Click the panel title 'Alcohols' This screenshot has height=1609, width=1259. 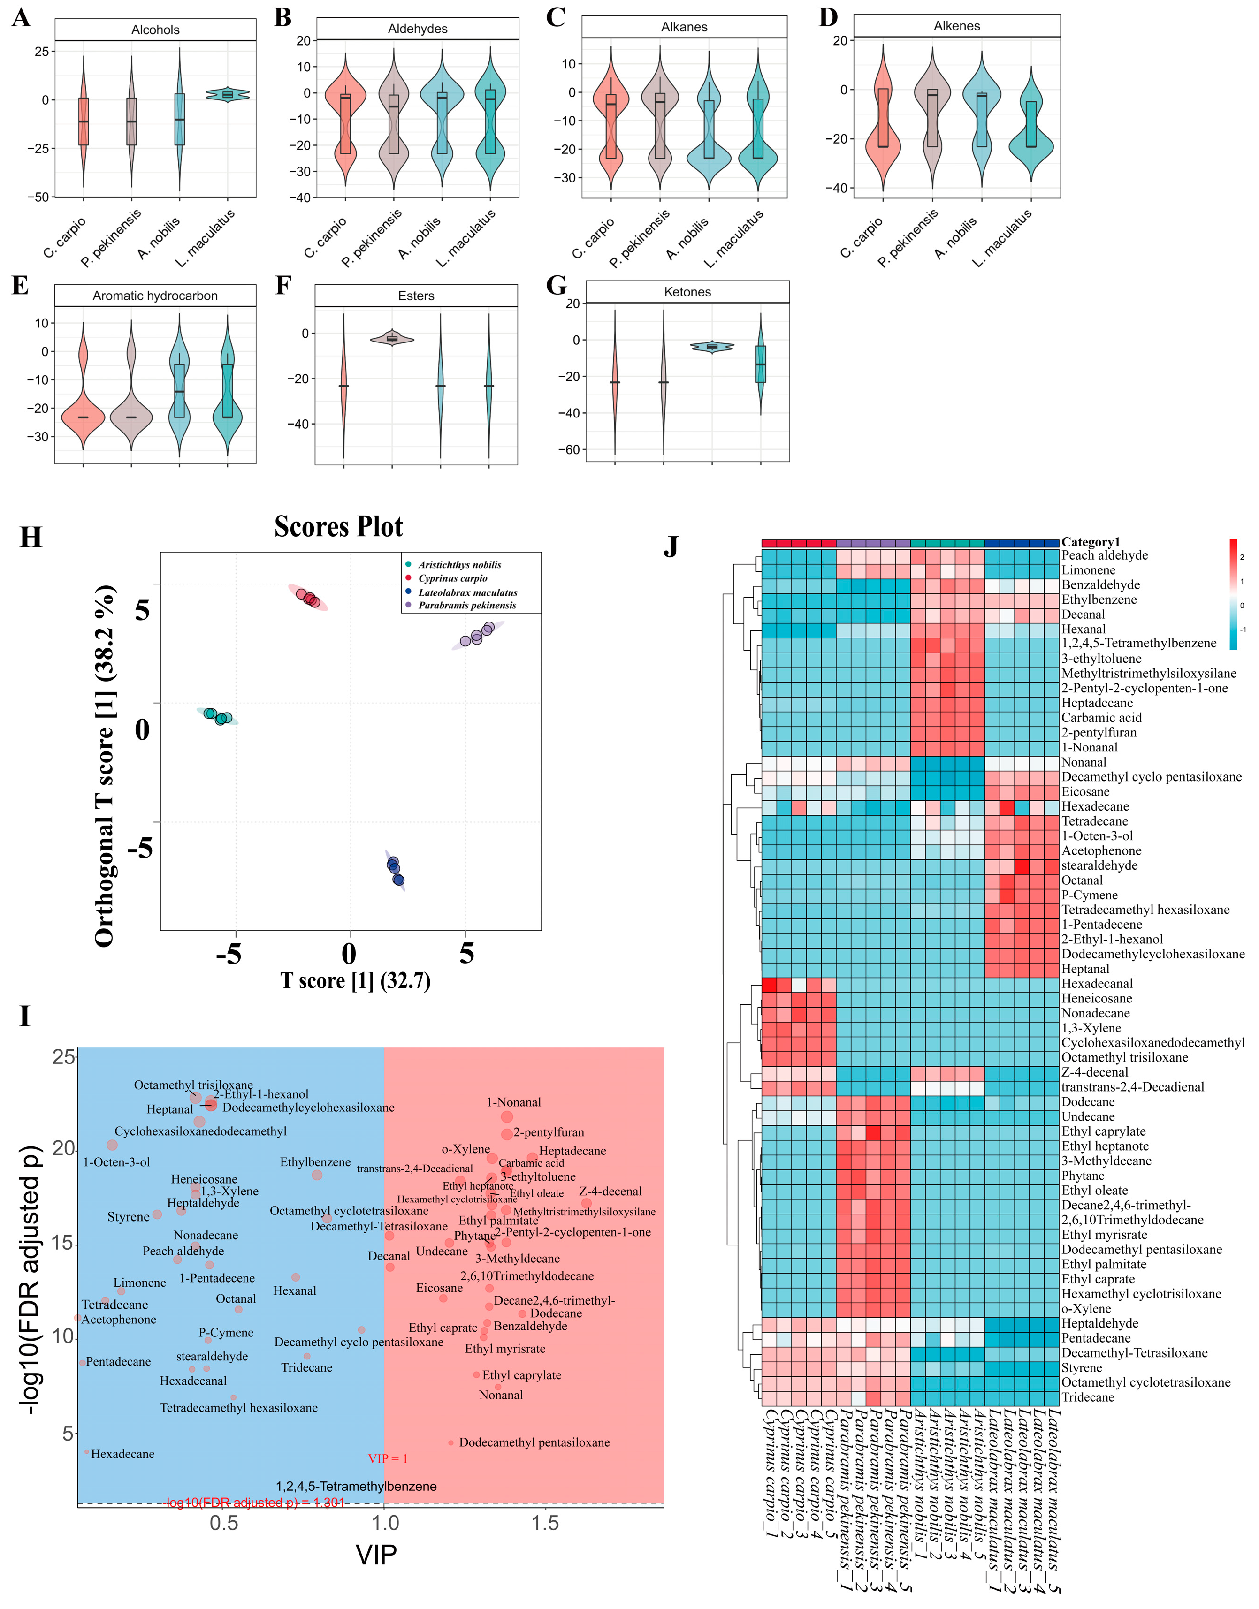pos(155,30)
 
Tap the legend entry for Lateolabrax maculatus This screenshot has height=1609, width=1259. pos(467,592)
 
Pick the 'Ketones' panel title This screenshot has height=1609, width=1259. pos(687,292)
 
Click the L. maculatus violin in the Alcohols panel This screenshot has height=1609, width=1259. pos(228,94)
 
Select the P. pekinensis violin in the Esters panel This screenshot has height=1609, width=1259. pos(391,338)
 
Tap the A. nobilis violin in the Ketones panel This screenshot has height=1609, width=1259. pos(712,346)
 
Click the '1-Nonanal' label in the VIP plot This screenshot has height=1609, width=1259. pos(514,1102)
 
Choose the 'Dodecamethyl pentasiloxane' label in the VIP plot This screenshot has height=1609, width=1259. pos(534,1442)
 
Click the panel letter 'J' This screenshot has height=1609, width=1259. pos(671,546)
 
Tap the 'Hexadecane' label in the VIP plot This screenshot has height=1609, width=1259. pos(122,1454)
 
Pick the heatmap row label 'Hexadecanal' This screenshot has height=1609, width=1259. pos(1096,984)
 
